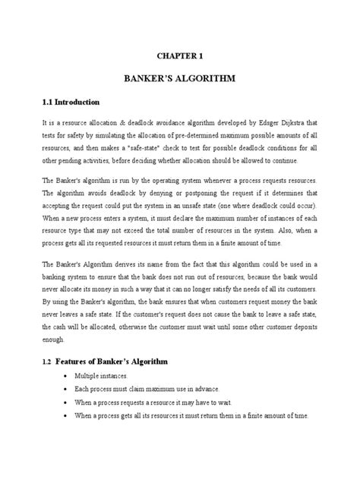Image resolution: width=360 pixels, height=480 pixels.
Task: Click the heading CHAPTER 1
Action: pyautogui.click(x=180, y=55)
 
